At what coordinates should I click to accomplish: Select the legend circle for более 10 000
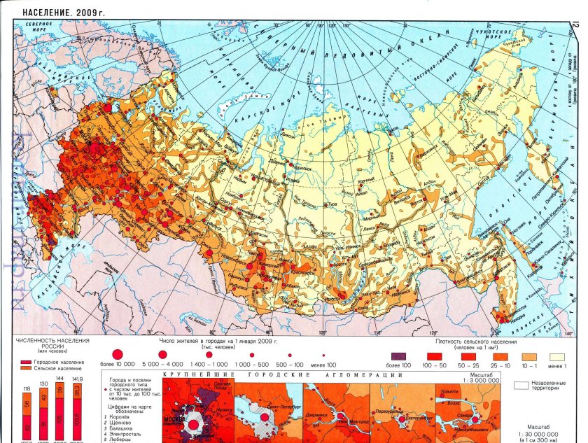[x=118, y=354]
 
